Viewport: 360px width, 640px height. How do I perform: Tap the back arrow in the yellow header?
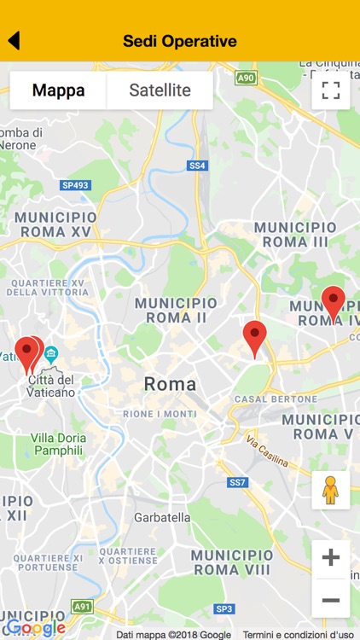[14, 40]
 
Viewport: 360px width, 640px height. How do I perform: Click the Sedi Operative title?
[179, 41]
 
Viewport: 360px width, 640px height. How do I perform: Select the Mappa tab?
[58, 90]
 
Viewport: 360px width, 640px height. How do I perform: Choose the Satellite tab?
[160, 90]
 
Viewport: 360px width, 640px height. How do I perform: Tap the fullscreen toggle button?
[331, 90]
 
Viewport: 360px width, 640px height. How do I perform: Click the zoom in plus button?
[331, 558]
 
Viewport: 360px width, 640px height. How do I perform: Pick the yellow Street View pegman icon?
[331, 490]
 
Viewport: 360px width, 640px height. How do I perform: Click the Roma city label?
[170, 384]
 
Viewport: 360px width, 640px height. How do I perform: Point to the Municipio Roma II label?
[177, 310]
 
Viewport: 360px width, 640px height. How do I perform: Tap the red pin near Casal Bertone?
[255, 338]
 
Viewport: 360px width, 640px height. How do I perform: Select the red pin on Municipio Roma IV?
[334, 303]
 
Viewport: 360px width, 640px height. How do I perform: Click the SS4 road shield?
[198, 166]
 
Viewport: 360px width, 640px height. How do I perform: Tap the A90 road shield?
[246, 79]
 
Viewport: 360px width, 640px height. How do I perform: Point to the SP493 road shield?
[75, 185]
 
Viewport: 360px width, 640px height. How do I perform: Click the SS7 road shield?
[238, 483]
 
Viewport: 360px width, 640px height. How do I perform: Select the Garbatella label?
[162, 517]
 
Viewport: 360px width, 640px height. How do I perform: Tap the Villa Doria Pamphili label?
[57, 444]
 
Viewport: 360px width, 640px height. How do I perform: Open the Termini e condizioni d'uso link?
[299, 634]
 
